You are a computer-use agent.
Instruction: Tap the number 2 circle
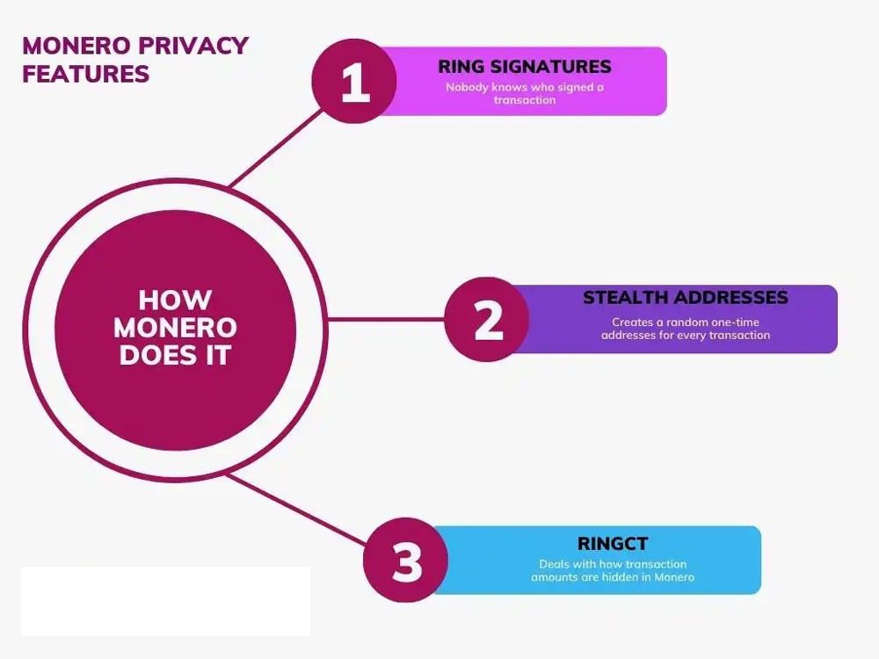[488, 320]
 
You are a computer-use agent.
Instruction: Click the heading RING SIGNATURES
[525, 67]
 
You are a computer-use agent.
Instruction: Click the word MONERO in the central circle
[176, 328]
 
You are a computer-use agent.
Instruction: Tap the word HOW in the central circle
[175, 300]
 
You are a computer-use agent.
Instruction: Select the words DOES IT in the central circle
[175, 356]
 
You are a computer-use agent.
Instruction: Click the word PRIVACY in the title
[194, 46]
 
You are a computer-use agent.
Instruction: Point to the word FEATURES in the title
[86, 74]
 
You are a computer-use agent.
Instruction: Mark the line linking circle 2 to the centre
[387, 320]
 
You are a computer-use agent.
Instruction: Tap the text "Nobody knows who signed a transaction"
[525, 93]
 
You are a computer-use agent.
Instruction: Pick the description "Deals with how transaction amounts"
[613, 570]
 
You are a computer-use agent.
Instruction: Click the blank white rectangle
[165, 600]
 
